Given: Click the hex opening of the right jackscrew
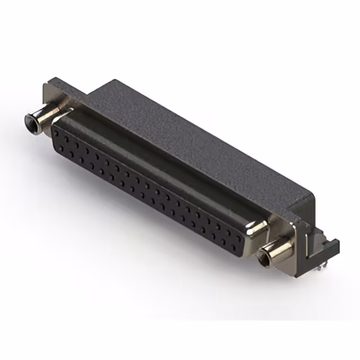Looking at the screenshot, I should [262, 260].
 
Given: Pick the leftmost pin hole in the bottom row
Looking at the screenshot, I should [58, 147].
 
